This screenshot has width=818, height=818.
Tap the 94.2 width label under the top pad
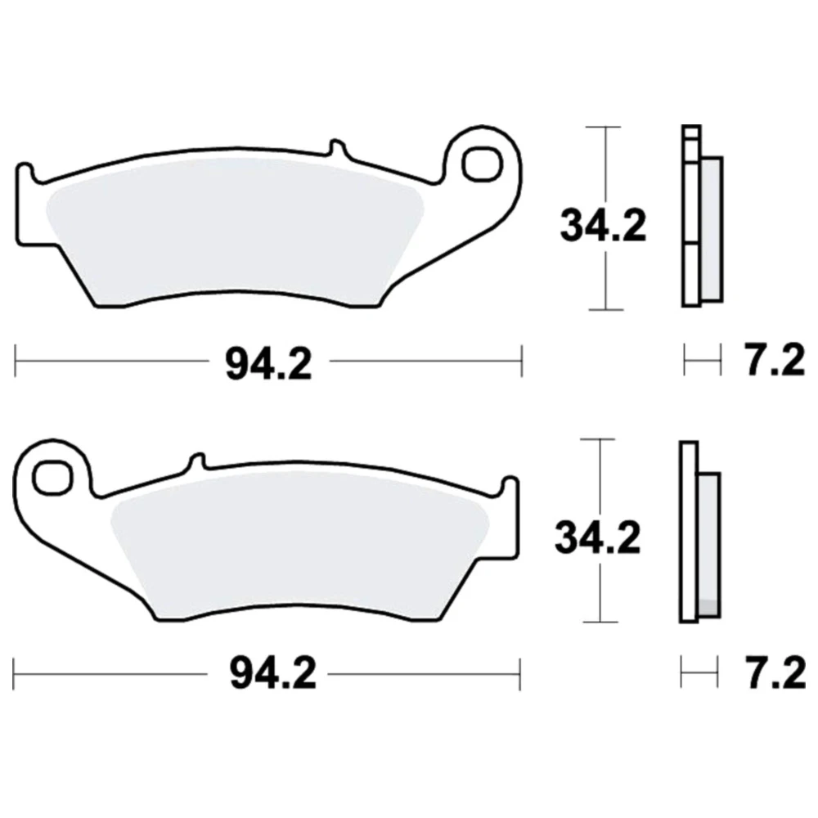coord(268,363)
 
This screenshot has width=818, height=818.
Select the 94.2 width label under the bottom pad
coord(273,673)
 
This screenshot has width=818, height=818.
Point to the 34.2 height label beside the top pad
coord(603,226)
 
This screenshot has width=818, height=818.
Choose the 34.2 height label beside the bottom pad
coord(597,538)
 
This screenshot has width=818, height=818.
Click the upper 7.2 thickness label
coord(774,361)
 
